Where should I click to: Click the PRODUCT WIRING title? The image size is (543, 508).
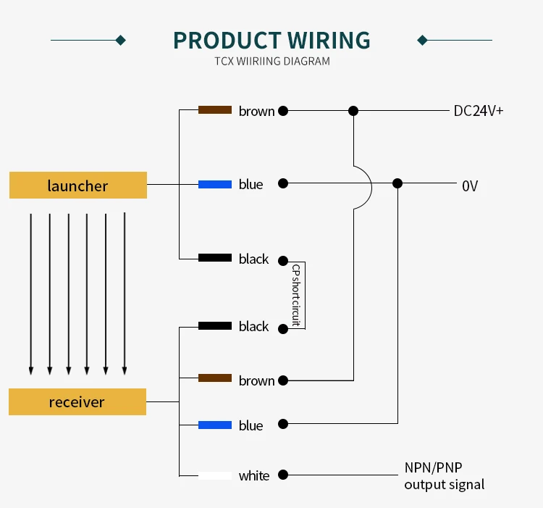pyautogui.click(x=271, y=40)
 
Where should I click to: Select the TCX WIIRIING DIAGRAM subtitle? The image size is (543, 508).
pyautogui.click(x=271, y=62)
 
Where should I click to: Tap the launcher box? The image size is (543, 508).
pyautogui.click(x=77, y=186)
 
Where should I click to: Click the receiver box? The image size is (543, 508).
pyautogui.click(x=77, y=402)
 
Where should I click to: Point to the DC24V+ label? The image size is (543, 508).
pyautogui.click(x=478, y=111)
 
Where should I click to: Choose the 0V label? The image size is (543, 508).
pyautogui.click(x=470, y=186)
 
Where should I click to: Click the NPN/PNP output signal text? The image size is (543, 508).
pyautogui.click(x=444, y=476)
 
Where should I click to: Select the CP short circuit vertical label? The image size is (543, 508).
pyautogui.click(x=296, y=293)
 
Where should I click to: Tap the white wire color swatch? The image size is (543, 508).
pyautogui.click(x=215, y=476)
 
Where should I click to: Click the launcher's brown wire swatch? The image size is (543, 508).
pyautogui.click(x=215, y=110)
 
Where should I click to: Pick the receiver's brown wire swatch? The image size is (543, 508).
pyautogui.click(x=215, y=378)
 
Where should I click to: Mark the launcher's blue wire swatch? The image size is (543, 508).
pyautogui.click(x=215, y=184)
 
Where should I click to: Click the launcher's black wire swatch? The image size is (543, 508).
pyautogui.click(x=215, y=258)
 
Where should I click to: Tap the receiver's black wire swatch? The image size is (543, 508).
pyautogui.click(x=215, y=325)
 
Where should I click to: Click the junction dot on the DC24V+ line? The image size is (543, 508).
pyautogui.click(x=353, y=111)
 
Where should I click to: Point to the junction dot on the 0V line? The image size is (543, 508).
pyautogui.click(x=397, y=184)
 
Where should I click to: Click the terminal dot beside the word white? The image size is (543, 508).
pyautogui.click(x=284, y=475)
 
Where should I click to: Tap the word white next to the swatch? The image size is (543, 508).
pyautogui.click(x=254, y=476)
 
